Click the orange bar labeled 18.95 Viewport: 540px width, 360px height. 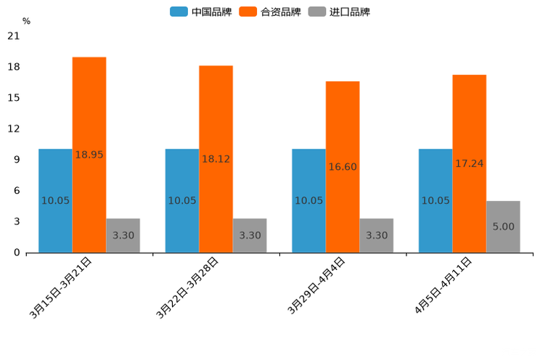point(89,155)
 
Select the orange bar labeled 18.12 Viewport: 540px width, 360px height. point(216,159)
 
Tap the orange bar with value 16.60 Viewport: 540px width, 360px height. point(342,167)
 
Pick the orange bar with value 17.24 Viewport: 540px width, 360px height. point(469,163)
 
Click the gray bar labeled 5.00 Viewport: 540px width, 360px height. point(503,226)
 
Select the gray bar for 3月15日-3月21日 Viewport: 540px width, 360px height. point(123,235)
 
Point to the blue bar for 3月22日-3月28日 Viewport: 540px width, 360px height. point(181,200)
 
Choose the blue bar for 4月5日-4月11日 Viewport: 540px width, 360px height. point(435,200)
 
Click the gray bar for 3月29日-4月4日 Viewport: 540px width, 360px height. point(376,235)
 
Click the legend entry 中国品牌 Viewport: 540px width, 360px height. point(201,12)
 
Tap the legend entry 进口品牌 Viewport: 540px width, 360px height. point(339,12)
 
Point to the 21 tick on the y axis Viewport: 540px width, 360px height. point(13,36)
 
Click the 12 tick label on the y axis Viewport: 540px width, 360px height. point(13,129)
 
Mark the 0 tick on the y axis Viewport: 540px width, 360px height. point(16,253)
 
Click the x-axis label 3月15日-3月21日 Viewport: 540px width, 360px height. point(62,287)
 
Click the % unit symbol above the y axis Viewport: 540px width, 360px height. point(26,21)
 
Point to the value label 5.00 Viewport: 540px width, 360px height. point(503,226)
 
